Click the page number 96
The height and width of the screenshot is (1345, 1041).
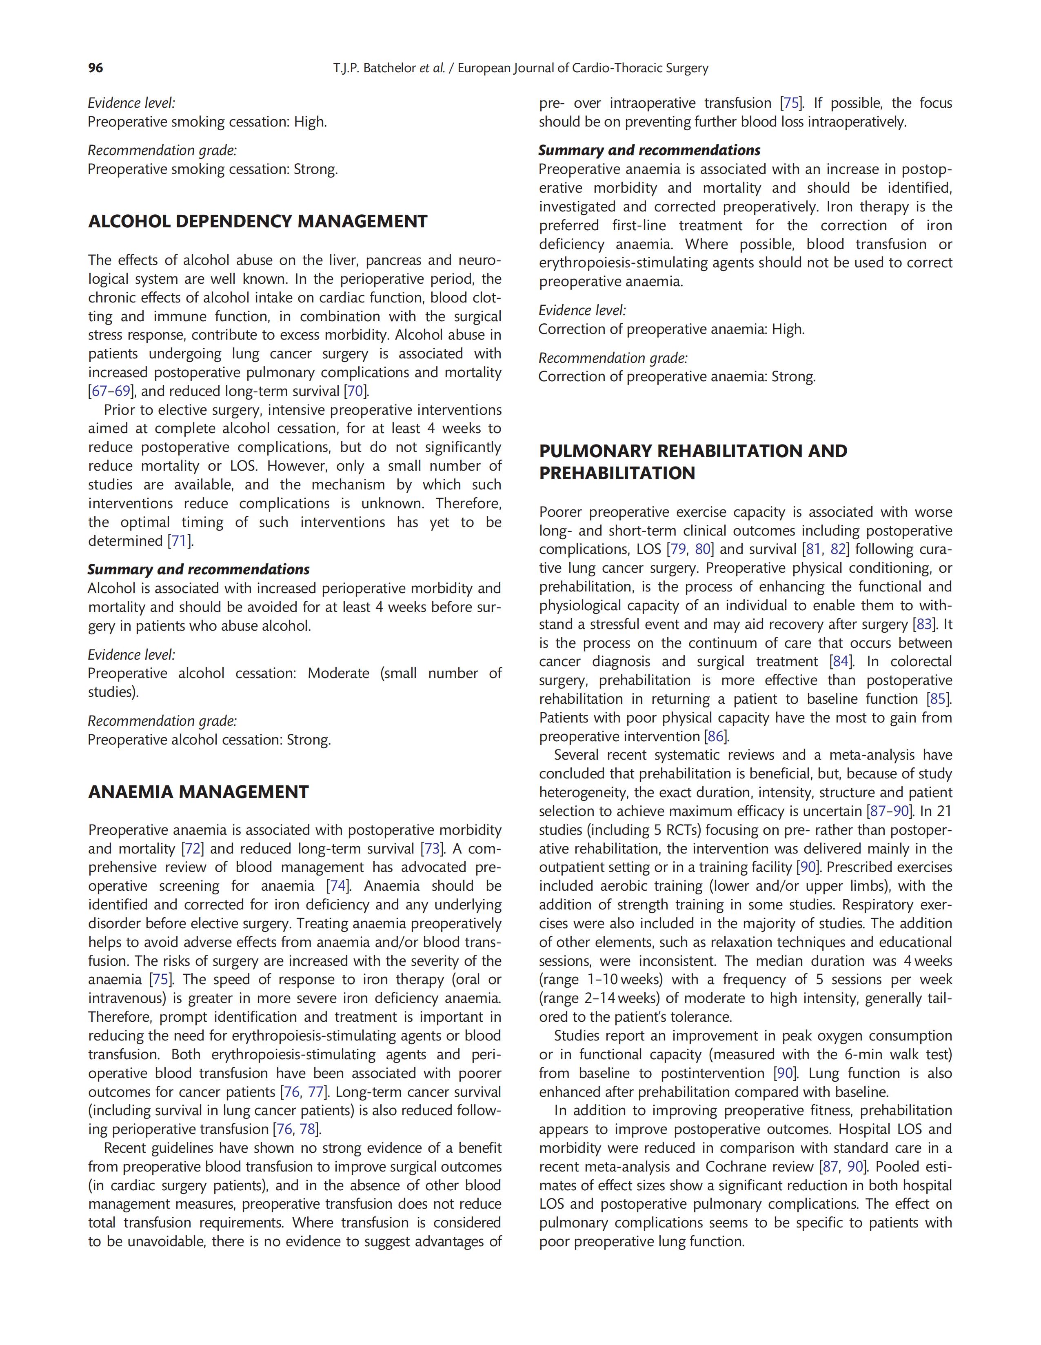tap(95, 68)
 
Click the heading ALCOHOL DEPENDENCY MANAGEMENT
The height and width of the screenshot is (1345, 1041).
tap(257, 222)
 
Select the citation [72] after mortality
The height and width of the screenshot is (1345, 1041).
tap(193, 849)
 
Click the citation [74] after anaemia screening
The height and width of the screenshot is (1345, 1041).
tap(338, 886)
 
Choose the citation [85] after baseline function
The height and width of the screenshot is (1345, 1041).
tap(939, 699)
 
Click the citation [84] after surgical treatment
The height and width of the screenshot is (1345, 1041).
tap(841, 662)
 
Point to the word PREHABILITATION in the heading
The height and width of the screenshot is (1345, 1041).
tap(617, 473)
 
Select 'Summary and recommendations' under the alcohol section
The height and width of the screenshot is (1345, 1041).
tap(198, 570)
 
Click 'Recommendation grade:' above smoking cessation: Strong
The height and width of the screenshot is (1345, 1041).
tap(162, 150)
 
